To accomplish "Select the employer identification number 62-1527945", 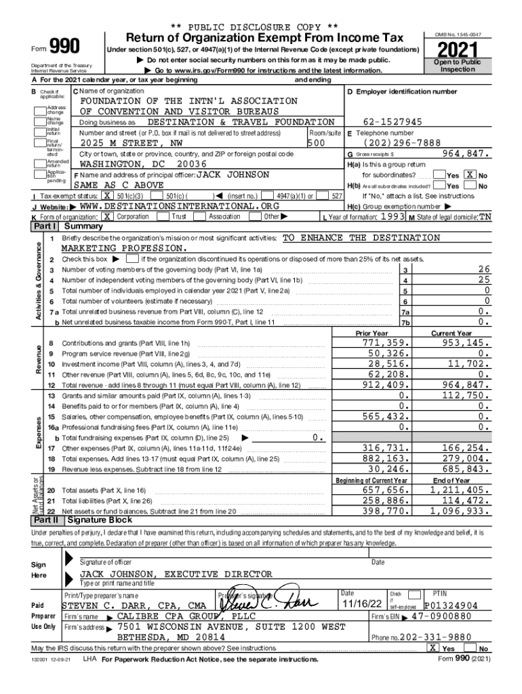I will tap(393, 122).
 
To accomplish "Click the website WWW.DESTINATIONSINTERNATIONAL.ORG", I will tap(180, 206).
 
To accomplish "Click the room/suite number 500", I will tap(315, 144).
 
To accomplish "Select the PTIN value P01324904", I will tap(451, 605).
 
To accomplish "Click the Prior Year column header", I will tap(372, 333).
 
